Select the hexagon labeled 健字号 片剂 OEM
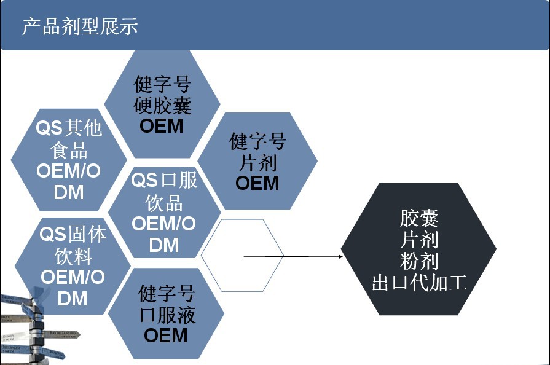[x=258, y=161]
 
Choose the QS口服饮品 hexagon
[x=163, y=213]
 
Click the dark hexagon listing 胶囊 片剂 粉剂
[x=419, y=249]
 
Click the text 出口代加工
[x=419, y=283]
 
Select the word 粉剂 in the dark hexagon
[x=419, y=261]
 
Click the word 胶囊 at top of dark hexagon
[x=419, y=218]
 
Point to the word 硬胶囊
[x=162, y=105]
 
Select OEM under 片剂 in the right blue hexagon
[x=257, y=183]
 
